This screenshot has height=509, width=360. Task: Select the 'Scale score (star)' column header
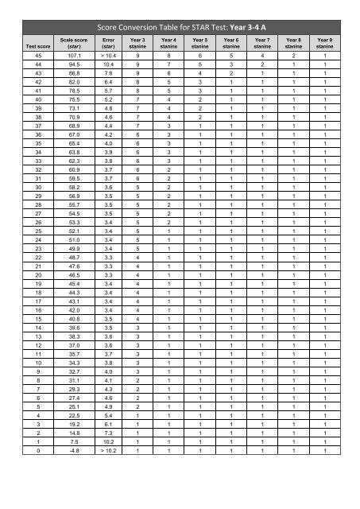pos(73,42)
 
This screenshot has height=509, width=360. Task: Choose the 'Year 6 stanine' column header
pos(231,42)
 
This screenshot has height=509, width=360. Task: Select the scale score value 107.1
pos(75,56)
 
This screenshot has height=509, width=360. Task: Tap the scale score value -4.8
pos(75,449)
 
